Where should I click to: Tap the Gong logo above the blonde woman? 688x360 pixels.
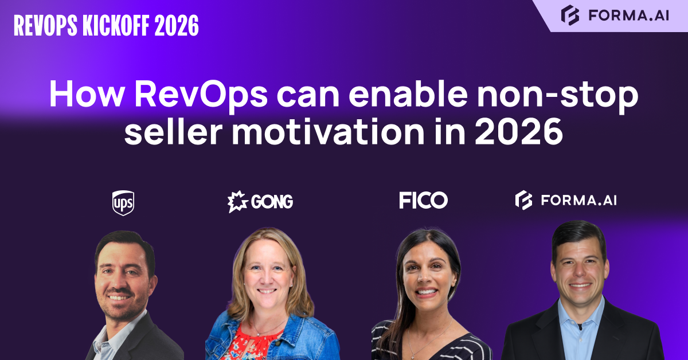[260, 202]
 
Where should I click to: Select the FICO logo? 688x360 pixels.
[423, 201]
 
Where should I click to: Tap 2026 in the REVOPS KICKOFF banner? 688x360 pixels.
[176, 25]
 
